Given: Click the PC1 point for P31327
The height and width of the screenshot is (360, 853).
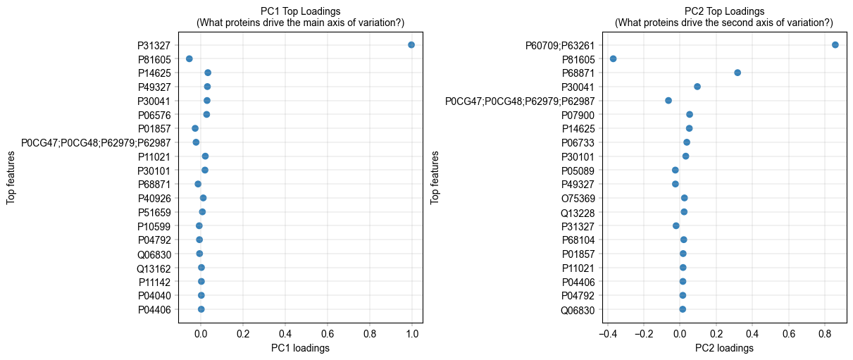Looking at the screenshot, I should coord(411,45).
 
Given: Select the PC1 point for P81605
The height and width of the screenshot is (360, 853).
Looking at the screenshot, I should coord(189,59).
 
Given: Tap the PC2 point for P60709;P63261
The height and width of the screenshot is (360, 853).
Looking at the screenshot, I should coord(835,45).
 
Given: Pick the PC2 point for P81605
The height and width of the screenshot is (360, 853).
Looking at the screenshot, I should coord(614,59).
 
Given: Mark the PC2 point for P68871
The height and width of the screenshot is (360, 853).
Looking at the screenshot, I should coord(737,73).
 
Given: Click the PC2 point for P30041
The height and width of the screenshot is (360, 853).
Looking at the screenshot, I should coord(697,87).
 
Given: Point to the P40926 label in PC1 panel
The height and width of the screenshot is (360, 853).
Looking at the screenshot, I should coord(154,198).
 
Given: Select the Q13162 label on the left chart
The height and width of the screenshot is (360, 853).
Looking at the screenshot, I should coord(154,268).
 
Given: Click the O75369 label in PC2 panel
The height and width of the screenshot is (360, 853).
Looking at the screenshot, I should coord(578,198).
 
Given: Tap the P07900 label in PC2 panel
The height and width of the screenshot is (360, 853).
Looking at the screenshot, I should coord(578,115).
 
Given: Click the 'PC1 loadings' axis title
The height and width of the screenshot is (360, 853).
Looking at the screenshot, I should coord(300,348).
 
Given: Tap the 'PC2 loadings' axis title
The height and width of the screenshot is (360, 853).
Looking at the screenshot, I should coord(724,348).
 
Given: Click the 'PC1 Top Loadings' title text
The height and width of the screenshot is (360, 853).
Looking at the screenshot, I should coord(300,11).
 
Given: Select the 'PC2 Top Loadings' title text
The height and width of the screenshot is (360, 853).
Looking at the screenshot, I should coord(724,11).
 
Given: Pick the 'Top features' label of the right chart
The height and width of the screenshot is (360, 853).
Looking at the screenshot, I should coord(435,177).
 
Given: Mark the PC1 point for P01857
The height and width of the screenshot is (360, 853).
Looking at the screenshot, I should coord(195,128).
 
